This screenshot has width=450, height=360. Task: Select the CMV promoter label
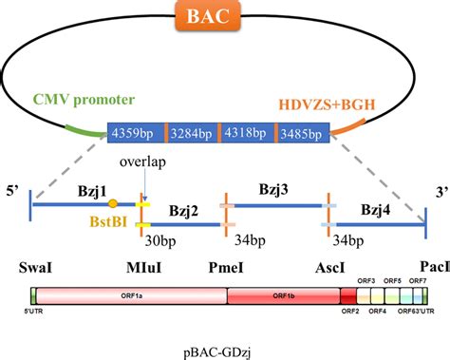click(x=84, y=99)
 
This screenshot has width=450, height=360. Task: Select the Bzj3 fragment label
click(x=276, y=190)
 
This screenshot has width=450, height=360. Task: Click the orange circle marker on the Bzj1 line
click(x=114, y=203)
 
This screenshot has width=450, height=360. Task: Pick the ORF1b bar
click(x=283, y=298)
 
